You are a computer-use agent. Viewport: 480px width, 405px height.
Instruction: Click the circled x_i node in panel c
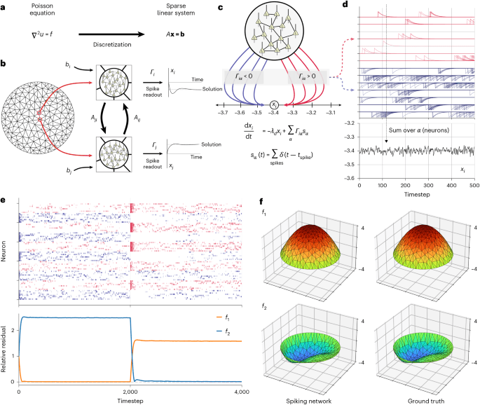click(x=274, y=105)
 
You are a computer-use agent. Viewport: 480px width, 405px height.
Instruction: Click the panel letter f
click(x=262, y=202)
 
